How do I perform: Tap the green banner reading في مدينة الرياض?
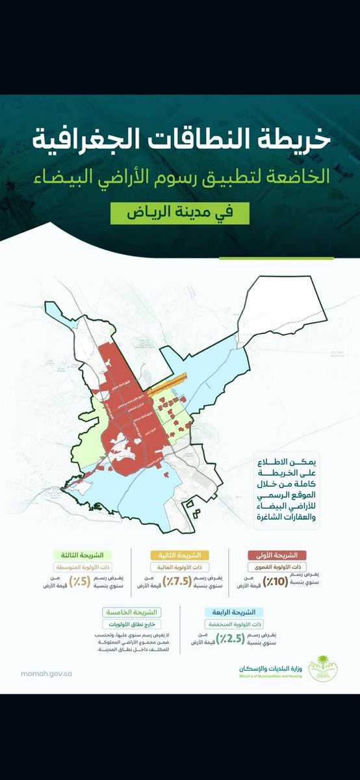pos(179,213)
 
